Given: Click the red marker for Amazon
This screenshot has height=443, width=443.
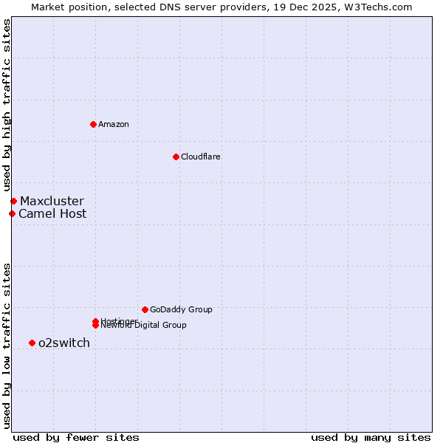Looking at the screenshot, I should (93, 124).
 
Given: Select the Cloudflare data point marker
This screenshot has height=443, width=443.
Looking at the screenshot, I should (176, 157).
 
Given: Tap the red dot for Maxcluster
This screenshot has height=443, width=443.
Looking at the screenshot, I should (13, 201).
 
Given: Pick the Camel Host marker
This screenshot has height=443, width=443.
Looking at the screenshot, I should (12, 214).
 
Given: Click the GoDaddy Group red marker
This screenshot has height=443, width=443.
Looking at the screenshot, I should (145, 309).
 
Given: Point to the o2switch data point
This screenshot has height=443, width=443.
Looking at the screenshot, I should (32, 343).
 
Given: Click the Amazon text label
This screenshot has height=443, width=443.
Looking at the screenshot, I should (114, 124).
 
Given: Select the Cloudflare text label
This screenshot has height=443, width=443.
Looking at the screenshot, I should (201, 157).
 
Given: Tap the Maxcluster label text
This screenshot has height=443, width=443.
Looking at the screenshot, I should (52, 201).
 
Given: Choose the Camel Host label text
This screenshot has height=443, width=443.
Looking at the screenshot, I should (52, 214).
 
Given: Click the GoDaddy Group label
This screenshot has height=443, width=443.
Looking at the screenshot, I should (181, 309).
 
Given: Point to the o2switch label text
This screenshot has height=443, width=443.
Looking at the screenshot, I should (64, 343).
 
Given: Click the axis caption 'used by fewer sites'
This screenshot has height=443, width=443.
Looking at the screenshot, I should (76, 437).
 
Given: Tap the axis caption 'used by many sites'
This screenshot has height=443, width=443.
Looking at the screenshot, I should (371, 437).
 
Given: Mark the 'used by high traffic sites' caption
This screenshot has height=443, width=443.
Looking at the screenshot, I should (7, 106).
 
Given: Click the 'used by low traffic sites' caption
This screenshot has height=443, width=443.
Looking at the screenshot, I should (7, 345).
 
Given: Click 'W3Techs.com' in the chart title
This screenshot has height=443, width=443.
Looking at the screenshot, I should (377, 7).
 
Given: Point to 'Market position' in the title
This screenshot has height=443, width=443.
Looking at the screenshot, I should (64, 7).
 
